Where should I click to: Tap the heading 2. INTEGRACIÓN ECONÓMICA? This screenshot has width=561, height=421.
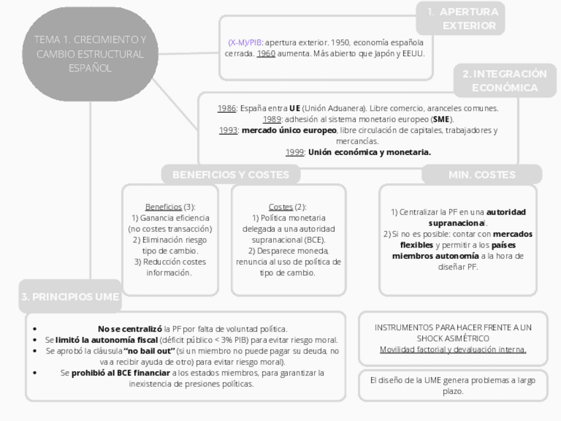(x=504, y=81)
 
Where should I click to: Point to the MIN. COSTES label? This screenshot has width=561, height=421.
(x=482, y=175)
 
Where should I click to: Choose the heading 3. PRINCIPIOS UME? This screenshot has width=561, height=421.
(x=69, y=297)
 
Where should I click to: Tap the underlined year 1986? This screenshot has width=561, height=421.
(x=227, y=108)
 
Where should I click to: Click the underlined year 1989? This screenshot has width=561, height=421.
(x=273, y=119)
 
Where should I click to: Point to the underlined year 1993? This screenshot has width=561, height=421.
(x=229, y=130)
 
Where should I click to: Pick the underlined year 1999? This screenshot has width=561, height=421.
(x=295, y=152)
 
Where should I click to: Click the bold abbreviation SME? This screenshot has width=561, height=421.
(x=441, y=119)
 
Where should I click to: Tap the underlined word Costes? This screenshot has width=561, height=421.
(x=280, y=207)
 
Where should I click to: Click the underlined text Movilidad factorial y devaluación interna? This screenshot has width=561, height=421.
(x=453, y=350)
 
